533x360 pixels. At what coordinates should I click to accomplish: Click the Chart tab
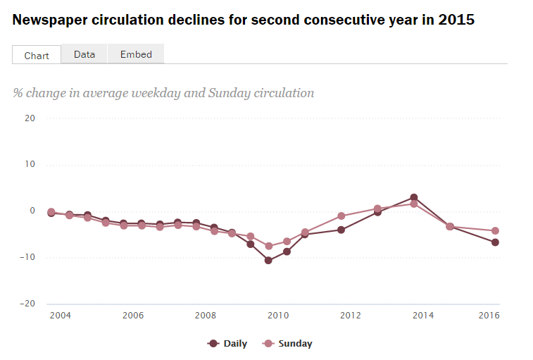pos(37,55)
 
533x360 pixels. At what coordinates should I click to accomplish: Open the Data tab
pos(84,54)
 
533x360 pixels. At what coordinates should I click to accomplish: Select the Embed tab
pos(136,54)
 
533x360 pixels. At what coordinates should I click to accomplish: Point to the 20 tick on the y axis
pos(29,118)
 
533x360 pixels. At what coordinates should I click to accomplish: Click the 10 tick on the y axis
pos(29,165)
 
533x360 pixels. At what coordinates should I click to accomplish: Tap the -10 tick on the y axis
pos(27,257)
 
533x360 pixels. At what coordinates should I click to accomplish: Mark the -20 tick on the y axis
pos(27,304)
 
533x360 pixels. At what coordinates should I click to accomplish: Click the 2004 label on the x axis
pos(60,316)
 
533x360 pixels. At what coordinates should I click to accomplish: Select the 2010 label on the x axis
pos(277,316)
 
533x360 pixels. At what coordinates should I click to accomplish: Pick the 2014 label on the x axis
pos(422,316)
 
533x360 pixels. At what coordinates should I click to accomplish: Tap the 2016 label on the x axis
pos(489,316)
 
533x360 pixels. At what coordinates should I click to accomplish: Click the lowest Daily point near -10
pos(268,261)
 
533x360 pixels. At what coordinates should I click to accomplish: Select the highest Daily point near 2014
pos(414,197)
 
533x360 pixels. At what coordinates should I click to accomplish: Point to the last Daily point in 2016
pos(495,242)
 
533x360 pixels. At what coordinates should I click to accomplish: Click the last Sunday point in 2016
pos(495,230)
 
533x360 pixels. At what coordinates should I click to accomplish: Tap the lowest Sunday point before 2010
pos(268,246)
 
